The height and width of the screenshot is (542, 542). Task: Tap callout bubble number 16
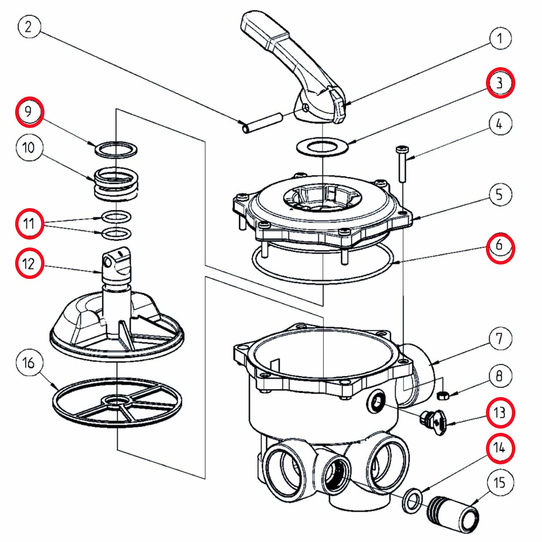pyautogui.click(x=29, y=362)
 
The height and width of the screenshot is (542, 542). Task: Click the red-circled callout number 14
pyautogui.click(x=500, y=448)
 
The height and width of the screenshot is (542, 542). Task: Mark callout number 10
pyautogui.click(x=29, y=147)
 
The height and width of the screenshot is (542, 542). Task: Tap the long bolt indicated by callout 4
pyautogui.click(x=402, y=164)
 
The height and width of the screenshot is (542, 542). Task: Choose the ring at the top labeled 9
pyautogui.click(x=116, y=149)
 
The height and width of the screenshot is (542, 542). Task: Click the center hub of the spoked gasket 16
pyautogui.click(x=116, y=401)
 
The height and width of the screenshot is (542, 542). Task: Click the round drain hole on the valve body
pyautogui.click(x=376, y=400)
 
